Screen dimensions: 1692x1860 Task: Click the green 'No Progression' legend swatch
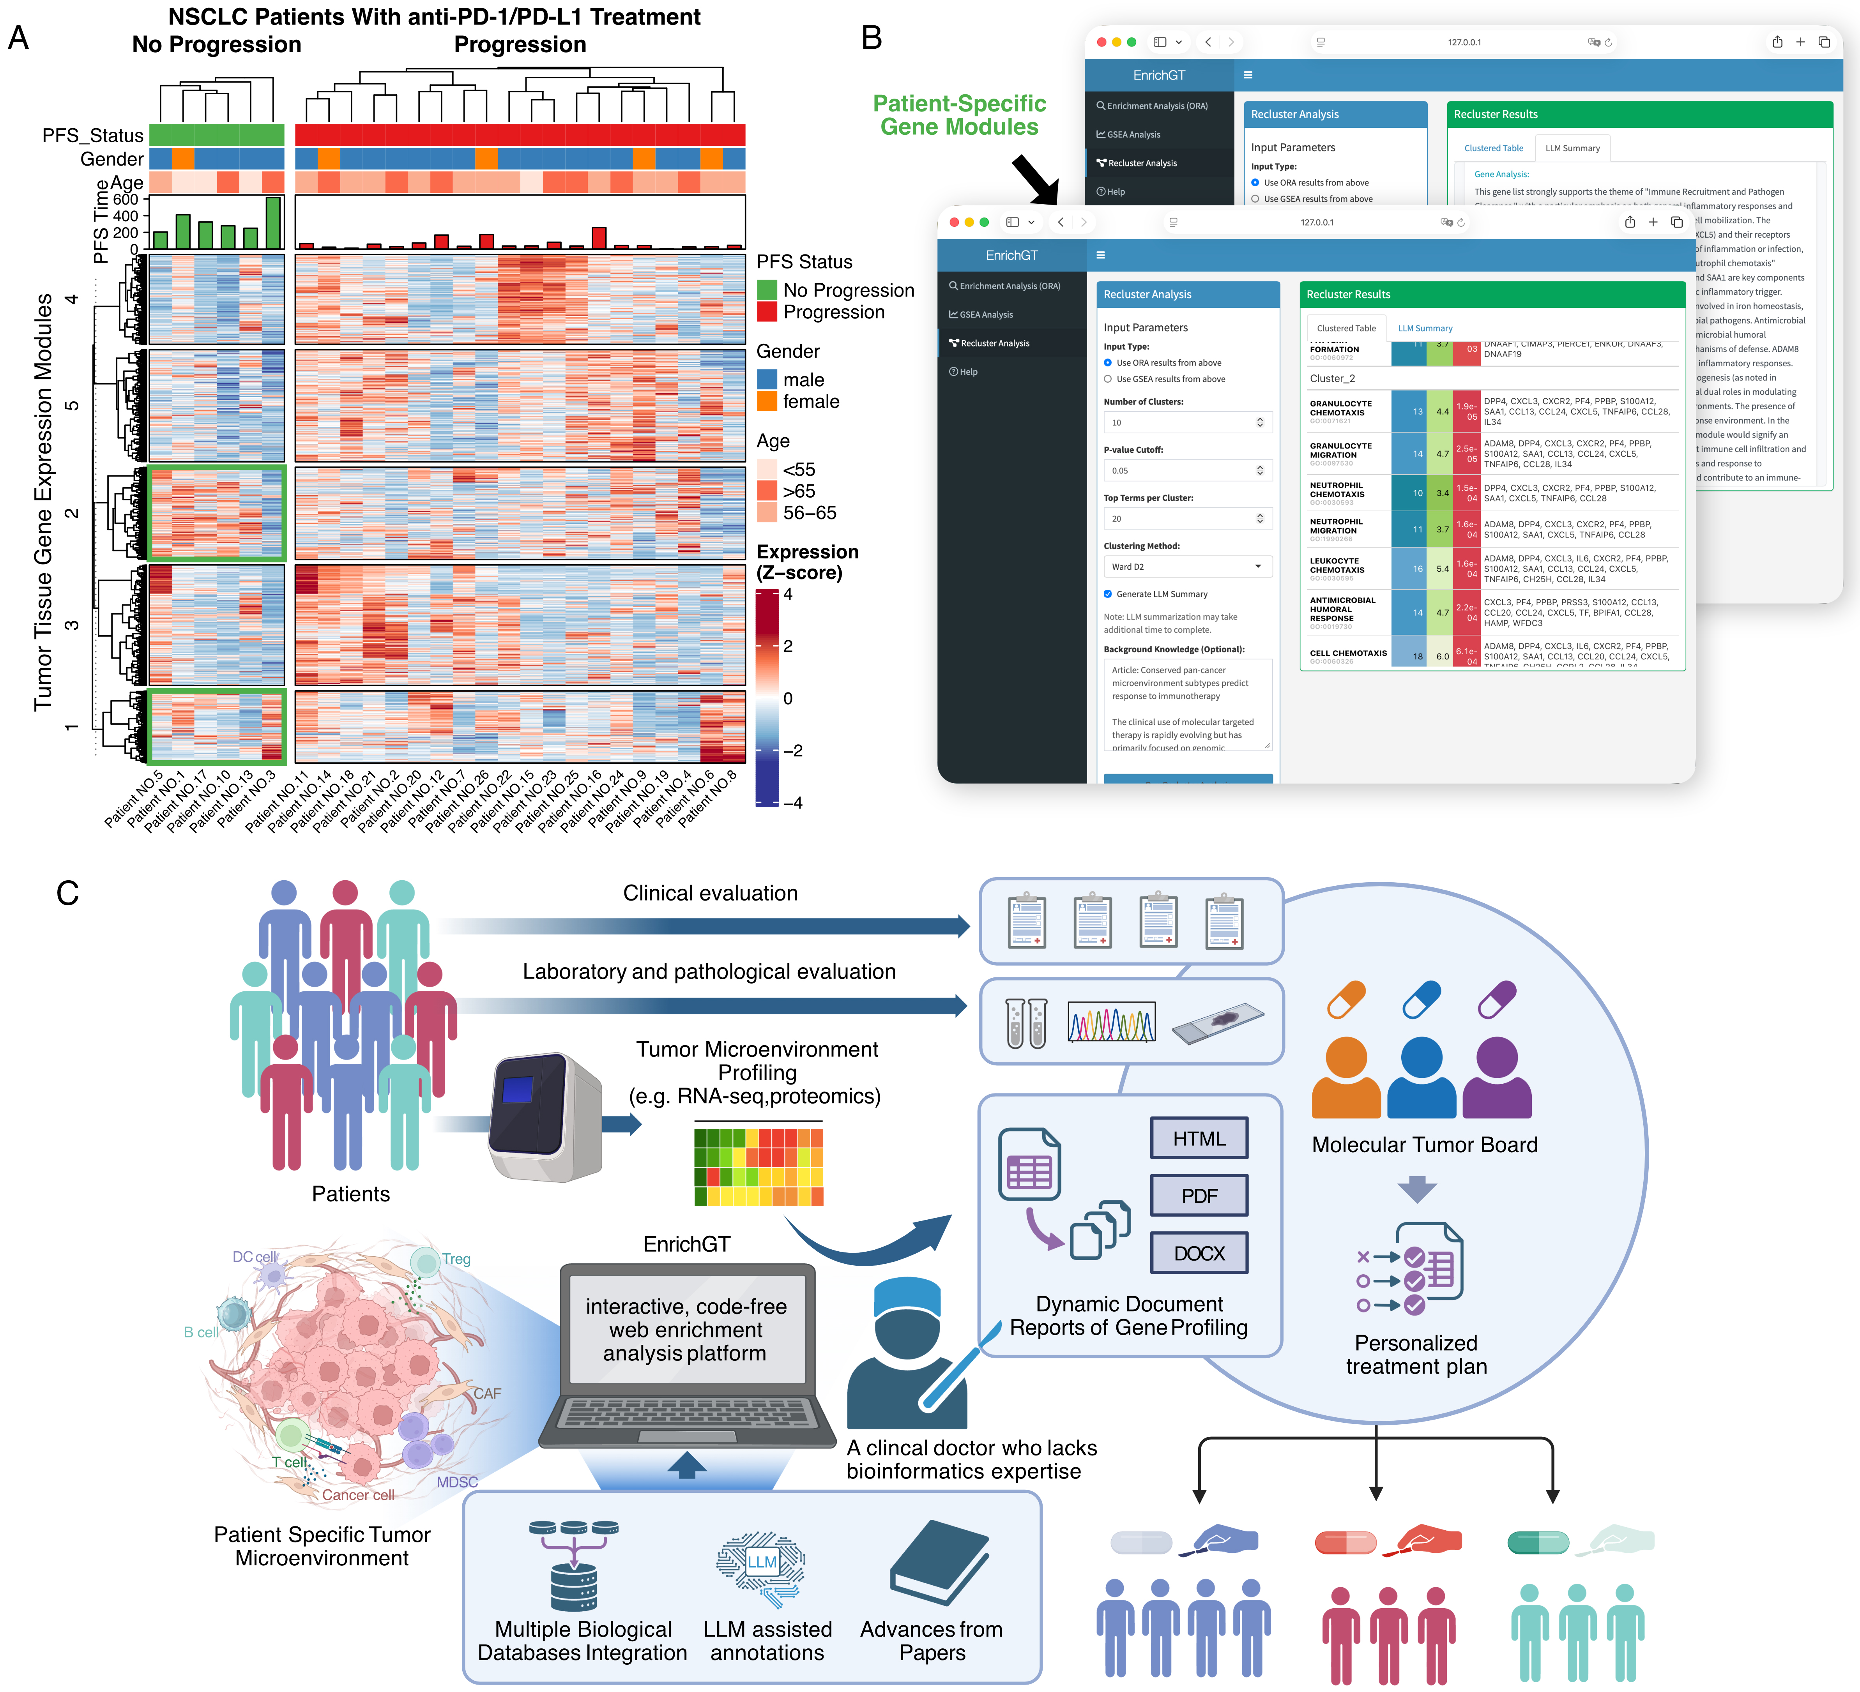click(x=766, y=290)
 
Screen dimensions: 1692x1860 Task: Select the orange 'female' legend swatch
click(x=766, y=401)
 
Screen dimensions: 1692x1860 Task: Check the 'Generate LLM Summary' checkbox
click(x=1108, y=594)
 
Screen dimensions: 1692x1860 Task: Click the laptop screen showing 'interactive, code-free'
click(x=686, y=1330)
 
